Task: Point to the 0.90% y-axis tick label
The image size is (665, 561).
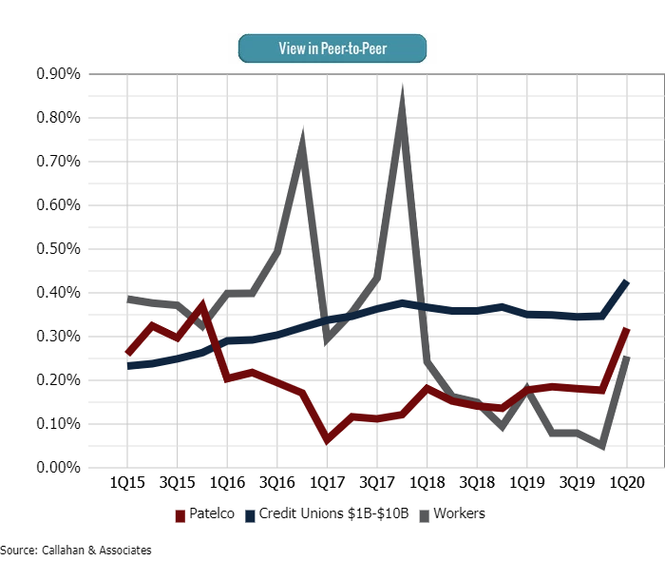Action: [57, 74]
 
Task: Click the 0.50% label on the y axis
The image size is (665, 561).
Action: [57, 249]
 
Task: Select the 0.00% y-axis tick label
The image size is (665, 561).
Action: [57, 468]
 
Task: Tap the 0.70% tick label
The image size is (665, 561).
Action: [57, 162]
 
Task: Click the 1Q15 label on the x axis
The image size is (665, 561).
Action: [127, 483]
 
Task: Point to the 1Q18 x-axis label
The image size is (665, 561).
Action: [427, 483]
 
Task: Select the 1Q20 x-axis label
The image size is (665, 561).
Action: [626, 483]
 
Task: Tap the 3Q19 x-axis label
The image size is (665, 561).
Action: [576, 483]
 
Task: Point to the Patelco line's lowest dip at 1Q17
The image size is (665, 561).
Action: [327, 439]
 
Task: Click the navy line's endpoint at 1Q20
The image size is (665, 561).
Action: [626, 281]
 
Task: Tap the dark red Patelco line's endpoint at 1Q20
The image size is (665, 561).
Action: [626, 329]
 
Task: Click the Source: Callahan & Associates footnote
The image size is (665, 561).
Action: [76, 550]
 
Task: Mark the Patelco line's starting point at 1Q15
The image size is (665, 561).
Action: [127, 354]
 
